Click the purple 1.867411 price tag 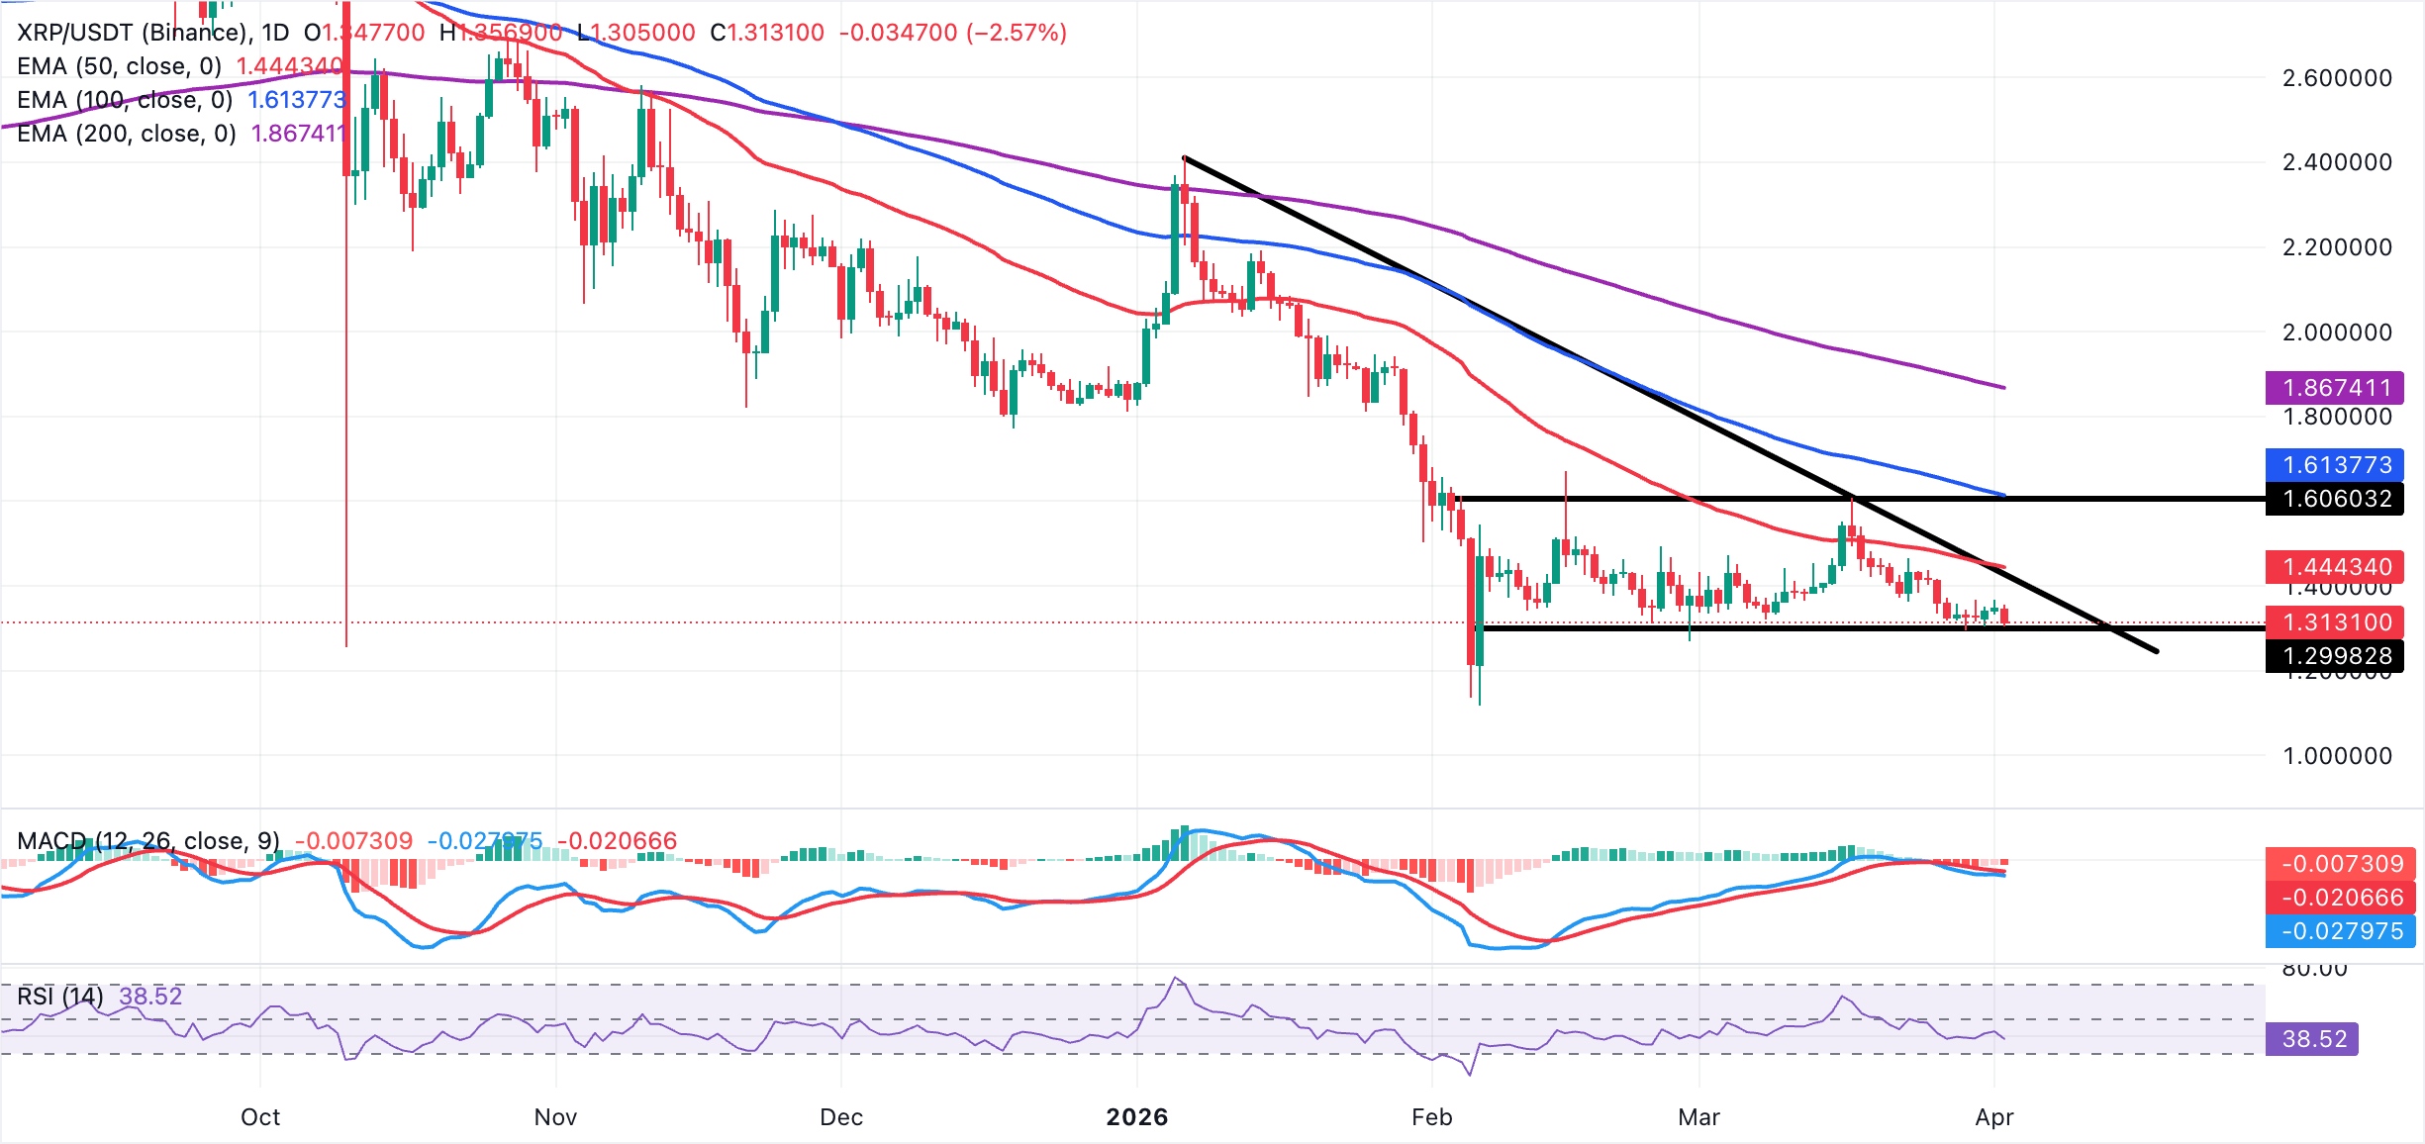[x=2335, y=388]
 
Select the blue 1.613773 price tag [x=2335, y=465]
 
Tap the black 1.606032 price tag [x=2335, y=499]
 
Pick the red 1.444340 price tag [x=2335, y=567]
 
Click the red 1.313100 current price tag [x=2335, y=622]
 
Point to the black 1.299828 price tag [x=2335, y=656]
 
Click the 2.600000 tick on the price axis [x=2336, y=78]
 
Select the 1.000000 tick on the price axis [x=2336, y=756]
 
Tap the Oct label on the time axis [x=260, y=1117]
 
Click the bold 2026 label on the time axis [x=1136, y=1117]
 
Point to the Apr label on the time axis [x=1993, y=1117]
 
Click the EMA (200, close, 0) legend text [x=127, y=134]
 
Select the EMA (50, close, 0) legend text [x=120, y=66]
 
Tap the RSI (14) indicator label [x=60, y=996]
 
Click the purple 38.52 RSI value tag [x=2313, y=1039]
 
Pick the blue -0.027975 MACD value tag [x=2340, y=931]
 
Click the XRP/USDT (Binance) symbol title [x=133, y=33]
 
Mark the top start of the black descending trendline [x=1185, y=157]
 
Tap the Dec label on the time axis [x=841, y=1117]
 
